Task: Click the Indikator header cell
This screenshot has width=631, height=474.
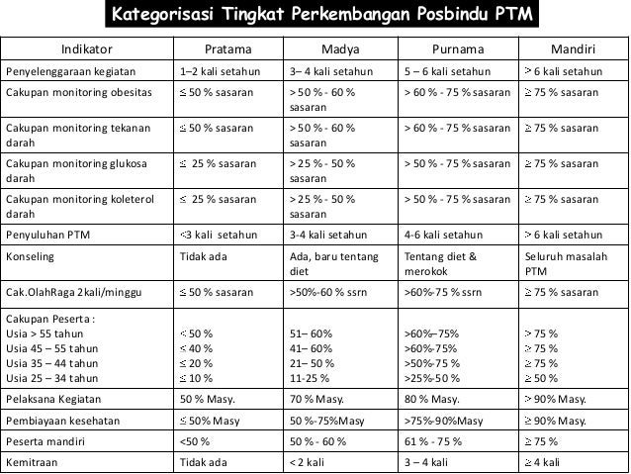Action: click(x=87, y=48)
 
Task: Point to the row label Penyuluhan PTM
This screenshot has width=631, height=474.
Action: click(x=46, y=235)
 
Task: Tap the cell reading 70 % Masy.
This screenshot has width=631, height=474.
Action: click(x=314, y=399)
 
